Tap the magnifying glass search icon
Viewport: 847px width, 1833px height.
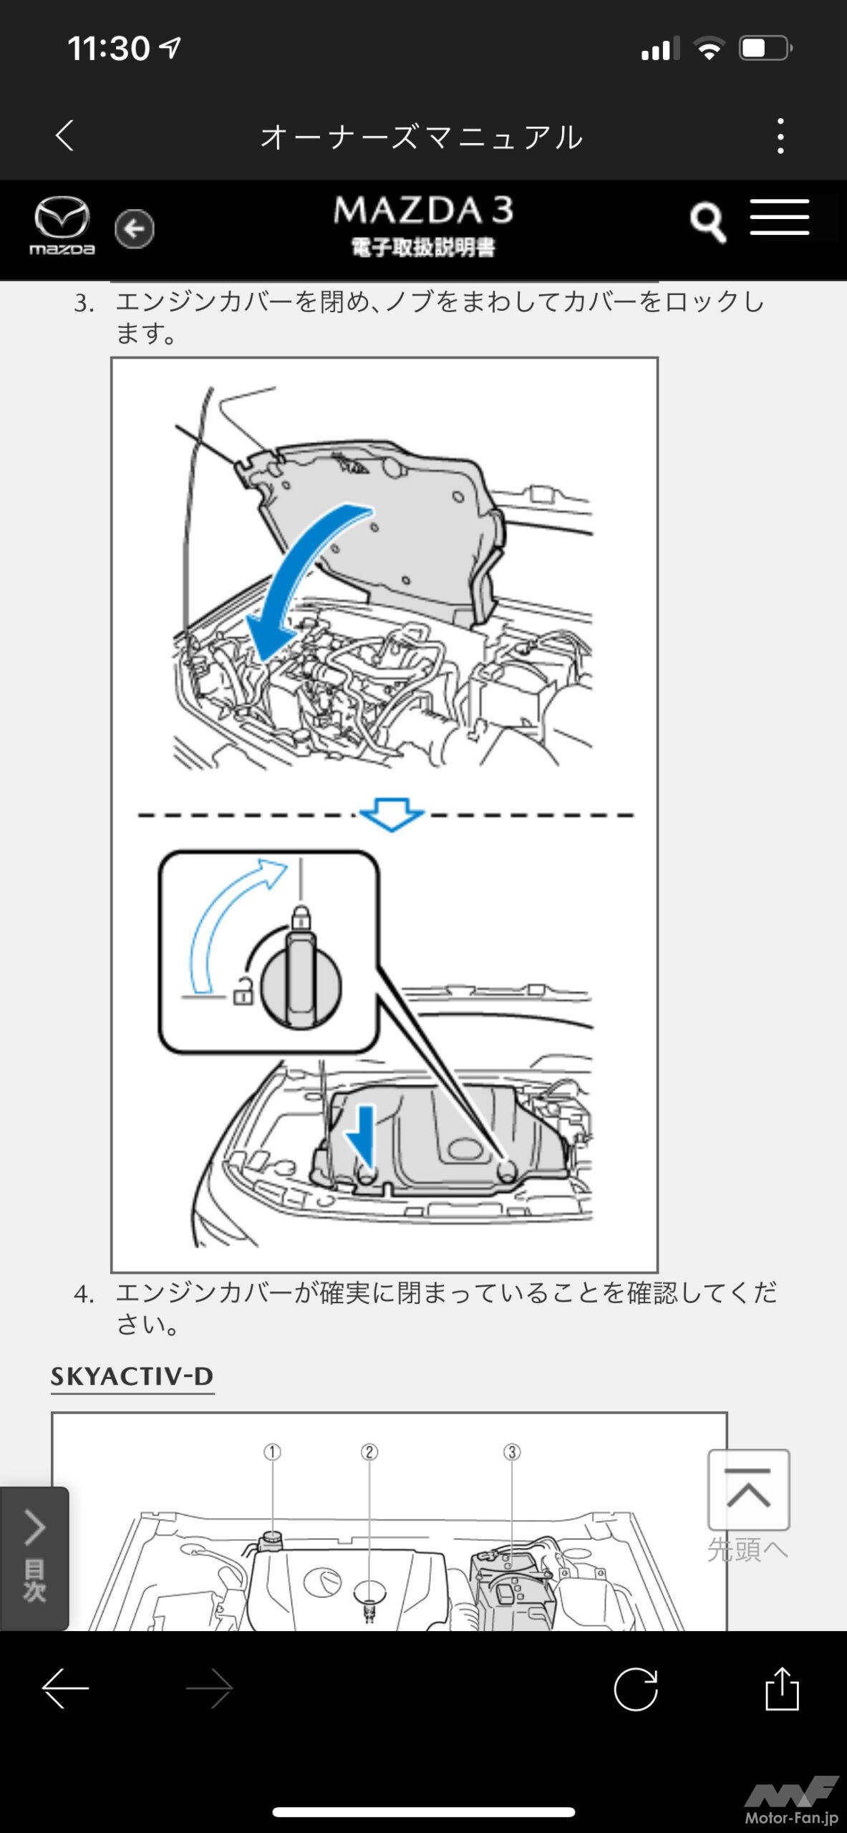pos(707,223)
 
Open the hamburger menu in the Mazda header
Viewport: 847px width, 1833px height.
pos(779,218)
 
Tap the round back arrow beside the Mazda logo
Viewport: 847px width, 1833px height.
pos(134,229)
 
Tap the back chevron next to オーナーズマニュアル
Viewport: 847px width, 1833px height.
pos(65,135)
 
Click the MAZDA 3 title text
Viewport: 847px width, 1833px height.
pos(423,211)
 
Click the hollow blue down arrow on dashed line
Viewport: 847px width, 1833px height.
pos(391,815)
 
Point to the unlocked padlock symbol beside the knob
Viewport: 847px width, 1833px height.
pos(243,991)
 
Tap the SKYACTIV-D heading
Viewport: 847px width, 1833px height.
pos(132,1376)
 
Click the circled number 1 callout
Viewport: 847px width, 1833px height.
pos(272,1452)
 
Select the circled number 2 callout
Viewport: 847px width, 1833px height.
pos(369,1452)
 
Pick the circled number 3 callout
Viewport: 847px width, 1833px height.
pos(511,1452)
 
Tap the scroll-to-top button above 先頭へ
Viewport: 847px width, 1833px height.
pos(748,1489)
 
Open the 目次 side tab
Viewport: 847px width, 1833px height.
pos(34,1558)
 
